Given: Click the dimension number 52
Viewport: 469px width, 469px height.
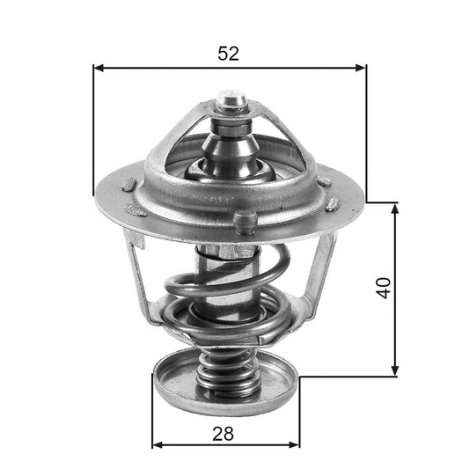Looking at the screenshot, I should click(x=228, y=53).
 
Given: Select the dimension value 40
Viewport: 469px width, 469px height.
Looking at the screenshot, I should click(x=382, y=288).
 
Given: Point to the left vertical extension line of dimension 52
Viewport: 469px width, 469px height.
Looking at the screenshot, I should click(x=92, y=132).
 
